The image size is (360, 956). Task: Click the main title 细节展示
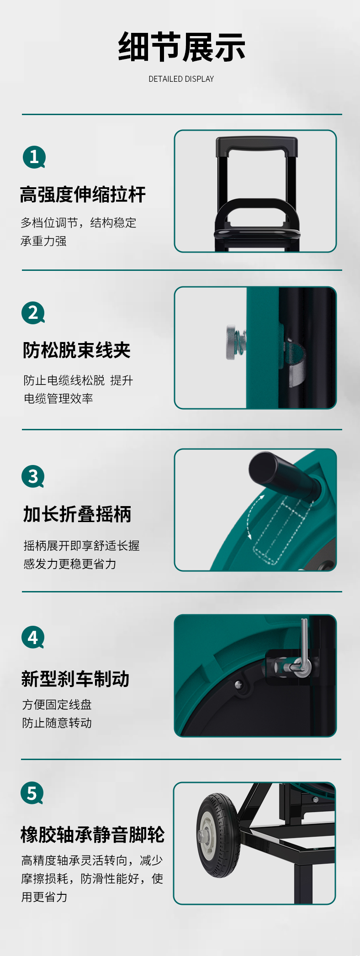(x=181, y=47)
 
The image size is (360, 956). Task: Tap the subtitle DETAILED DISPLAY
(x=181, y=79)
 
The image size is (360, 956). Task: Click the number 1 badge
(x=34, y=157)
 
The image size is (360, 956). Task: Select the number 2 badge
(x=33, y=313)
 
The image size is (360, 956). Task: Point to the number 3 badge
(x=33, y=476)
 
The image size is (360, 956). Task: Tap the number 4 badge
(x=33, y=637)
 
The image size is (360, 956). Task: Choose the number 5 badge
(x=32, y=793)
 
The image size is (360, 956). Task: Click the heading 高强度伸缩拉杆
(x=83, y=195)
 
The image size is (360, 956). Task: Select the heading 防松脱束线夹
(x=77, y=350)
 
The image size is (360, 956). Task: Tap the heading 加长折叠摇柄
(x=77, y=514)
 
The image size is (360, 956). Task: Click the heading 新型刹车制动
(x=75, y=679)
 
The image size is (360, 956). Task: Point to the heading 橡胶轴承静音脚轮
(x=93, y=835)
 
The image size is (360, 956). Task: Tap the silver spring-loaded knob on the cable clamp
(x=233, y=342)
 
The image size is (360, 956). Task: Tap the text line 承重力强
(x=44, y=241)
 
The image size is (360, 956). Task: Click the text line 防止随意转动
(x=57, y=723)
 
